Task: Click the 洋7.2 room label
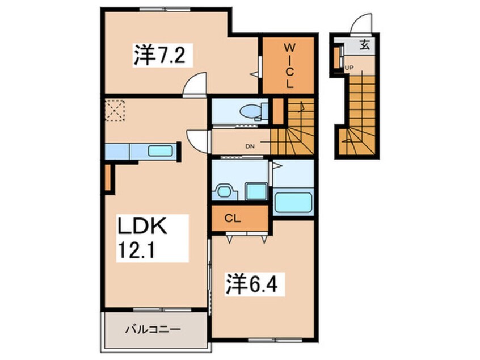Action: click(159, 55)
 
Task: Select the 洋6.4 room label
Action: click(252, 284)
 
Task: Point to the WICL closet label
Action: click(289, 65)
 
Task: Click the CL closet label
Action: click(233, 219)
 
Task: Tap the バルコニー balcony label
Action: click(153, 330)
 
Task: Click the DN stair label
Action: click(250, 146)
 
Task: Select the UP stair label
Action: click(349, 68)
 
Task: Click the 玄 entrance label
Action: click(364, 45)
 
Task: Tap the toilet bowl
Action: click(250, 111)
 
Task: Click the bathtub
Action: click(293, 202)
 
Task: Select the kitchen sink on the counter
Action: click(160, 151)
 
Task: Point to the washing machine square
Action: click(256, 191)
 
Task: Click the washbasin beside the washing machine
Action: click(225, 192)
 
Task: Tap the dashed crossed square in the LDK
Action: click(115, 110)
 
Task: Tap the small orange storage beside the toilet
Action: click(278, 111)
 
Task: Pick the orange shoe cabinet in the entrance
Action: click(336, 57)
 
